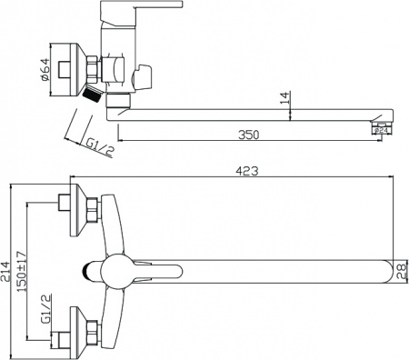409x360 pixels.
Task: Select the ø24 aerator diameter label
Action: pyautogui.click(x=384, y=132)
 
